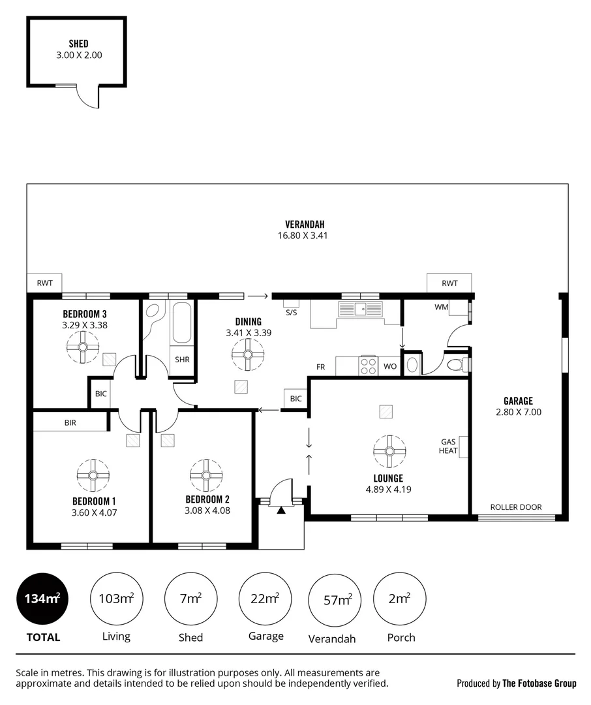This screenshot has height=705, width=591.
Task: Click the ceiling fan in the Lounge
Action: point(389,452)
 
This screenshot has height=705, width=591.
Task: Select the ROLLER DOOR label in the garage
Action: point(516,507)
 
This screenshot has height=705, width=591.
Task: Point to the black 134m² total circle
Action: point(43,599)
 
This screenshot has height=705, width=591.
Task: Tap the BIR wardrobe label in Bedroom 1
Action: point(70,422)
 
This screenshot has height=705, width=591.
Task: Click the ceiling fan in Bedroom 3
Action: point(83,347)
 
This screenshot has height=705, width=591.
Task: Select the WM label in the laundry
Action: point(441,307)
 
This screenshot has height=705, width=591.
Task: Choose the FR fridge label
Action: point(320,367)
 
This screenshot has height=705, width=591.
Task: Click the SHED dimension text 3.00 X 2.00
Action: point(79,55)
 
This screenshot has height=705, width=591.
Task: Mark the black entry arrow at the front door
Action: point(281,510)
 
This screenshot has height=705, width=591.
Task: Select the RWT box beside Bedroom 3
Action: point(44,283)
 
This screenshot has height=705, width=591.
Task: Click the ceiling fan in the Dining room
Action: point(248,354)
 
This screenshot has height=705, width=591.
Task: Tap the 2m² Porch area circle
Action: point(400,599)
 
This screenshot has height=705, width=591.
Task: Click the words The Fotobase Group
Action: point(539,683)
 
